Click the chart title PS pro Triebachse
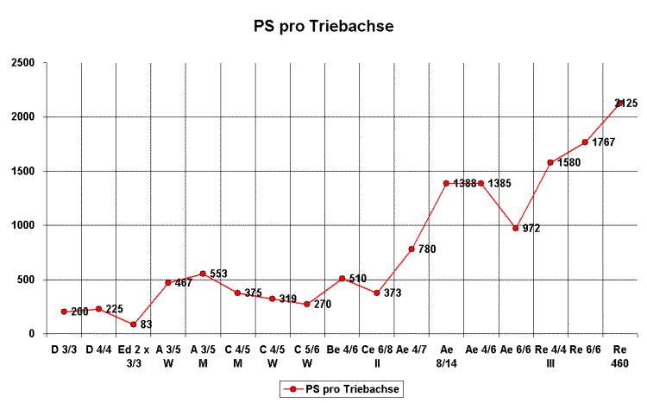click(323, 27)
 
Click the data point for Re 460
click(619, 103)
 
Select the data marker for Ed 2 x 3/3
click(133, 324)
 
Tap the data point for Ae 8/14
click(446, 183)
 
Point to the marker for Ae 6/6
click(516, 228)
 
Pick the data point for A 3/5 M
click(203, 274)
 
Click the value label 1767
click(603, 142)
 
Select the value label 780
click(427, 249)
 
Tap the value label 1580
click(568, 162)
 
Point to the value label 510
click(358, 279)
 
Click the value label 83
click(146, 324)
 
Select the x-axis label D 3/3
click(64, 349)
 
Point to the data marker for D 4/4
click(98, 309)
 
